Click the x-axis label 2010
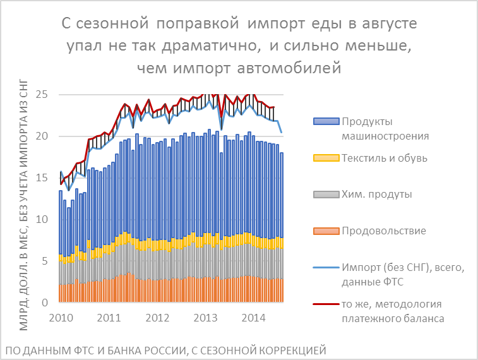59,317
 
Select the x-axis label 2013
205,317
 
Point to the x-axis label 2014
254,317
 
